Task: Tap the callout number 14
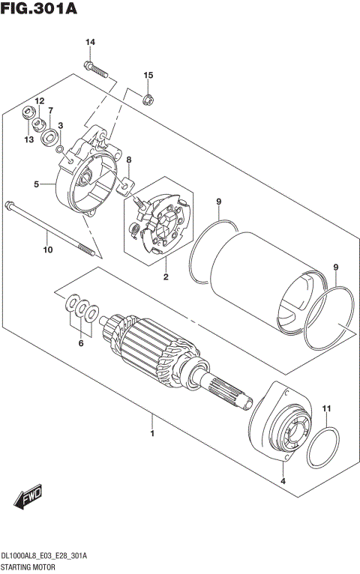pos(90,42)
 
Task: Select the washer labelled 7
pos(51,136)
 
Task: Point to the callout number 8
pos(129,160)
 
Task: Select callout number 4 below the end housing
pos(283,480)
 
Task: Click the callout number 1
pos(152,434)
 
